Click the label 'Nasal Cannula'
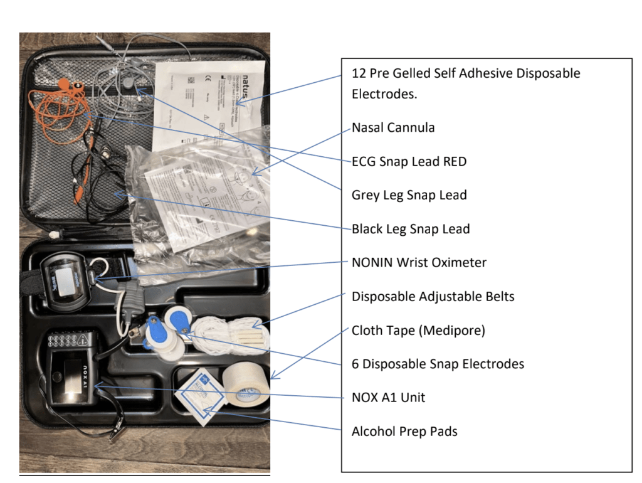point(392,128)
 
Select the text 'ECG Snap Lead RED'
point(409,162)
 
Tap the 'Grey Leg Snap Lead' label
point(409,196)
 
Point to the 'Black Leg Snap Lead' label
point(410,230)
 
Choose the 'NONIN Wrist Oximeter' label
point(419,263)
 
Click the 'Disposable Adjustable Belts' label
point(433,297)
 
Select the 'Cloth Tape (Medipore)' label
point(418,331)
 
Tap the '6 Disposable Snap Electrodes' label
point(438,364)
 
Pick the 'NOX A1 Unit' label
point(388,398)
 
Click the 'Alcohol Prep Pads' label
point(404,432)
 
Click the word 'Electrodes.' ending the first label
point(384,95)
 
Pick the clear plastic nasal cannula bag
point(207,194)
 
